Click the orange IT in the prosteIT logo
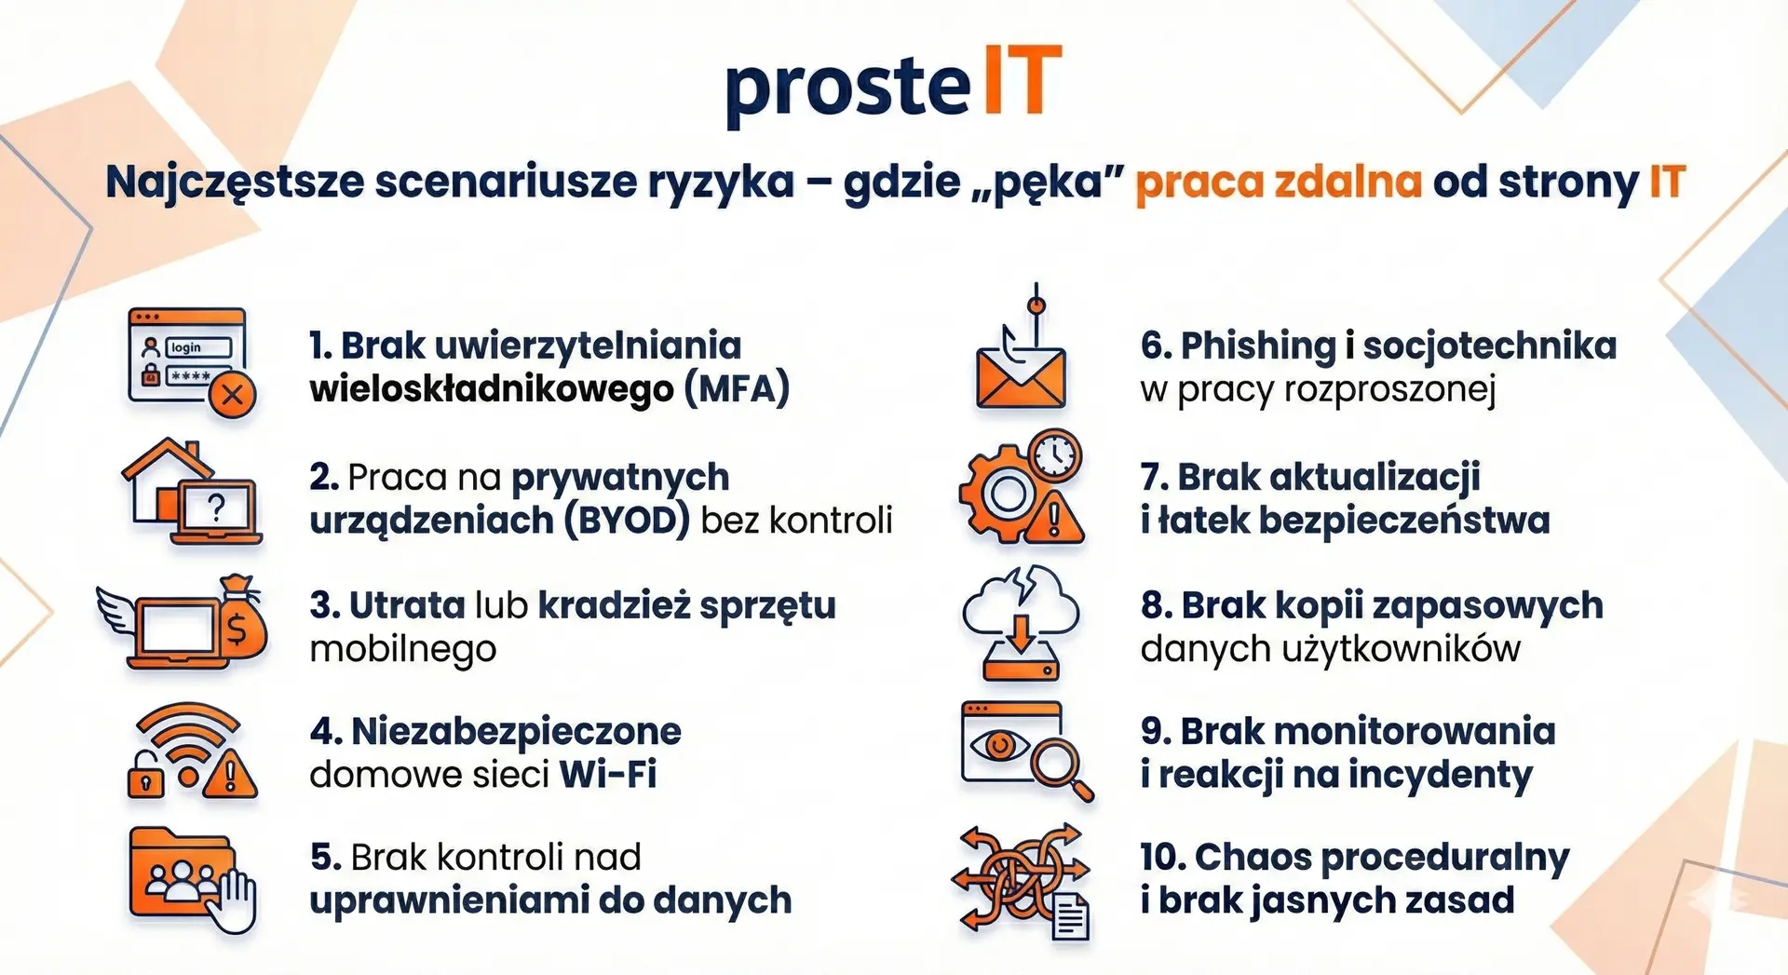tap(1023, 81)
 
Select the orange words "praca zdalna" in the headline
tap(1279, 182)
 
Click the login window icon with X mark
tap(191, 361)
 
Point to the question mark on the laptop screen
tap(216, 508)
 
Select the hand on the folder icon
tap(234, 899)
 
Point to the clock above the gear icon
tap(1055, 455)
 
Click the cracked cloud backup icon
tap(1022, 622)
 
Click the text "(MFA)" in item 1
tap(737, 388)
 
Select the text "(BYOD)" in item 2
tap(627, 520)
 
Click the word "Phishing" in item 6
tap(1258, 346)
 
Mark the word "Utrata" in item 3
tap(407, 605)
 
